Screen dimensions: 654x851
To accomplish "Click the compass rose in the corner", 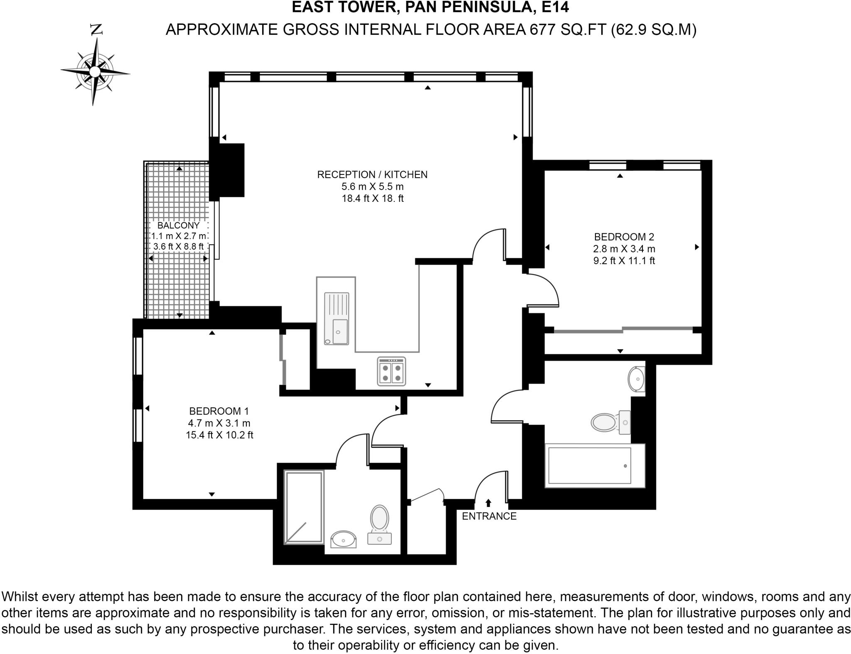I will point(95,72).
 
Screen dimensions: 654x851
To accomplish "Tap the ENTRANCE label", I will point(489,516).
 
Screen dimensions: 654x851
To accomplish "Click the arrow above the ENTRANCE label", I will point(488,503).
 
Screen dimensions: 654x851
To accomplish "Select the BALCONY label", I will point(178,225).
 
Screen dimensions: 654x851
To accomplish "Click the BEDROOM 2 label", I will point(624,237).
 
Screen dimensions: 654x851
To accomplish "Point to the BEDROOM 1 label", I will point(219,411).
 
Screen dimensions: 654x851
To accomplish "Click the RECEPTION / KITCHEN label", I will point(372,175).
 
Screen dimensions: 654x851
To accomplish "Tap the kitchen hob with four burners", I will point(391,372).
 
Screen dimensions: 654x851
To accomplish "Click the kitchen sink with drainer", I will point(337,318).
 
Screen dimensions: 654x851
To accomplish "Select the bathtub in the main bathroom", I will point(594,465).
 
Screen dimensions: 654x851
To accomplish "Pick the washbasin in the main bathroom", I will point(636,379).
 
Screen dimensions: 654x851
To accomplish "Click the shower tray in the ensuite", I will point(304,507).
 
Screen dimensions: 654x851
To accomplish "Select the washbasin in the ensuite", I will point(344,539).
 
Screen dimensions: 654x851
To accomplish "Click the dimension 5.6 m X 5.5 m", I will point(372,186).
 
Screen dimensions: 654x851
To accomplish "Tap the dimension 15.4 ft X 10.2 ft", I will point(219,435).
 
